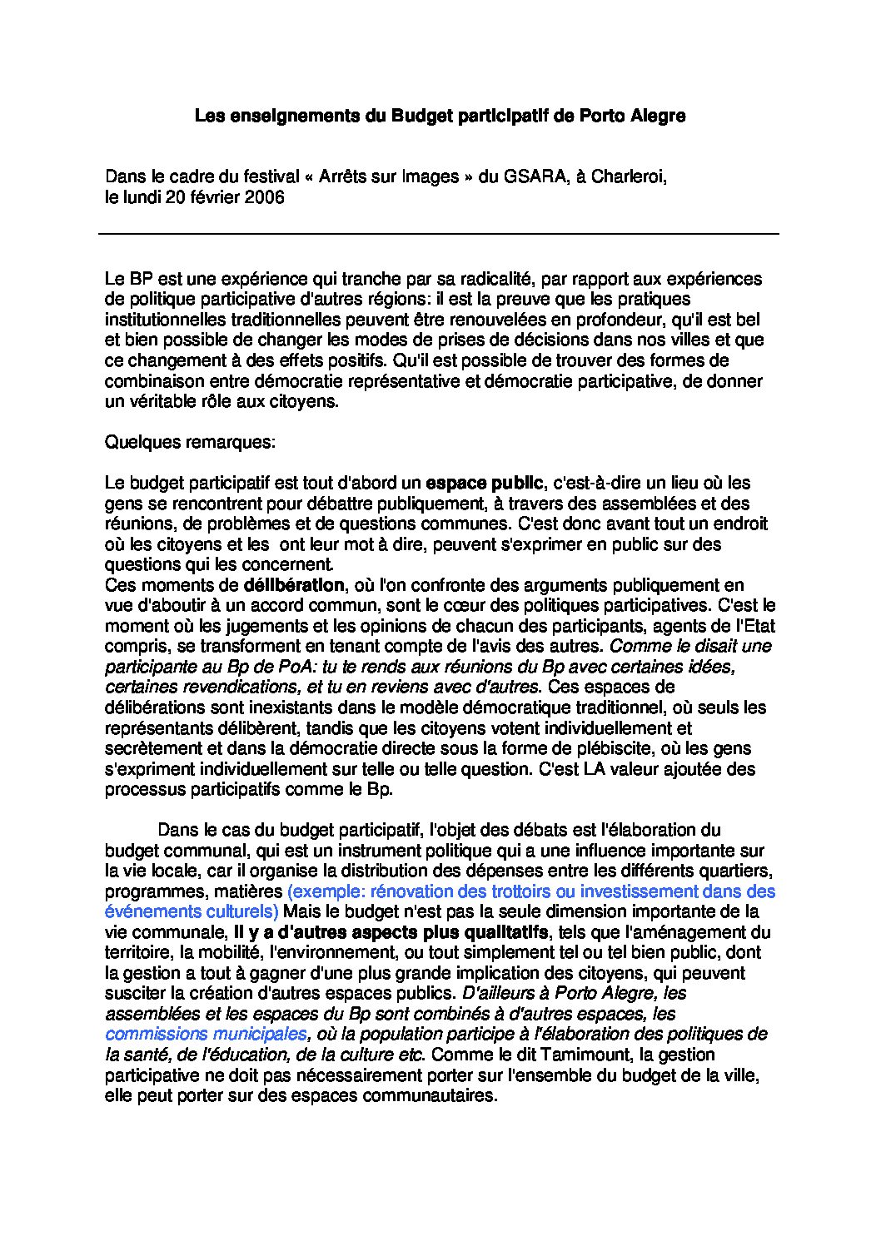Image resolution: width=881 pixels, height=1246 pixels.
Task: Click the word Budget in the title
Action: (422, 117)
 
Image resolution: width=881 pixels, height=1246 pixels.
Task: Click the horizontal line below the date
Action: (439, 234)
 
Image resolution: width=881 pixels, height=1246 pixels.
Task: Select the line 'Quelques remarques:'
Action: (189, 442)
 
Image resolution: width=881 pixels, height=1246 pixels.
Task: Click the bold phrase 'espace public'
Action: (484, 483)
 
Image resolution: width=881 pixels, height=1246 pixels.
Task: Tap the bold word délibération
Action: (293, 585)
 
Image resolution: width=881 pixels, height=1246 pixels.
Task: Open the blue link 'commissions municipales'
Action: (206, 1035)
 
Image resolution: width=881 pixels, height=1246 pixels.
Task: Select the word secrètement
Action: (153, 748)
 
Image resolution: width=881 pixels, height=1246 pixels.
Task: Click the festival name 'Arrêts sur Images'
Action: (390, 177)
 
